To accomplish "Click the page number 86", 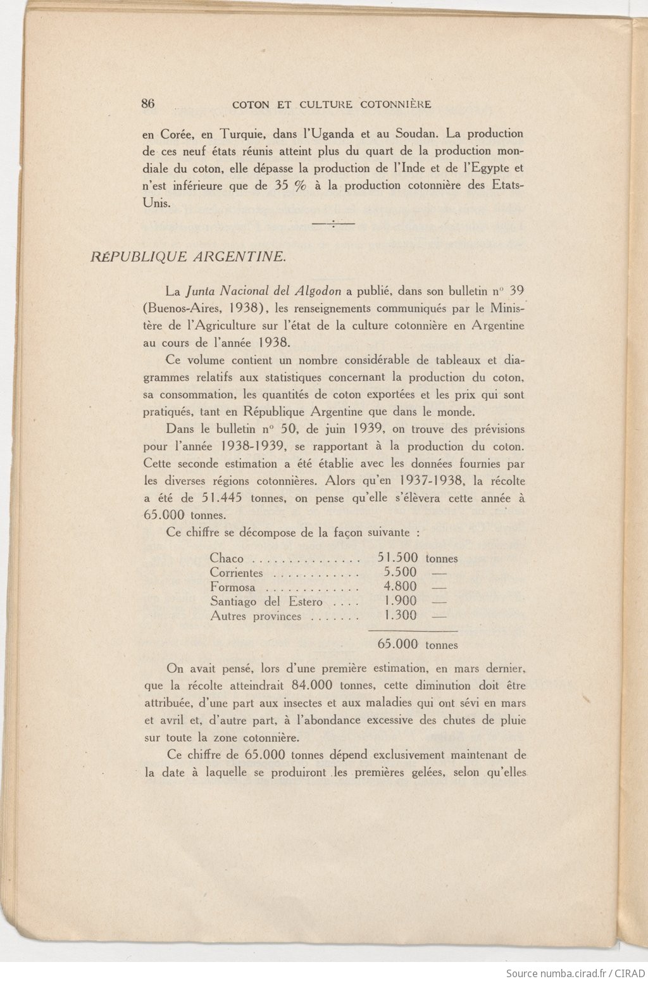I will click(148, 104).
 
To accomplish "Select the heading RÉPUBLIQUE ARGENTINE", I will click(188, 256).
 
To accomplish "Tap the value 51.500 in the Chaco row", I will click(397, 558).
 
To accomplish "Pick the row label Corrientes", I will click(236, 573).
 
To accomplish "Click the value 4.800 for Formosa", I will click(400, 587).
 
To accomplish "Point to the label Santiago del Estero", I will click(266, 602).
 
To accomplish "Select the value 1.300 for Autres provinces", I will click(400, 616).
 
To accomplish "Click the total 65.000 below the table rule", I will click(397, 644).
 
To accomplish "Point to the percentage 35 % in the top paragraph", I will click(290, 185).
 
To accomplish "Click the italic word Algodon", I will click(318, 292).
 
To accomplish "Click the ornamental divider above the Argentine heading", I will click(333, 223).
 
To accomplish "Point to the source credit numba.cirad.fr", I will click(560, 973).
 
